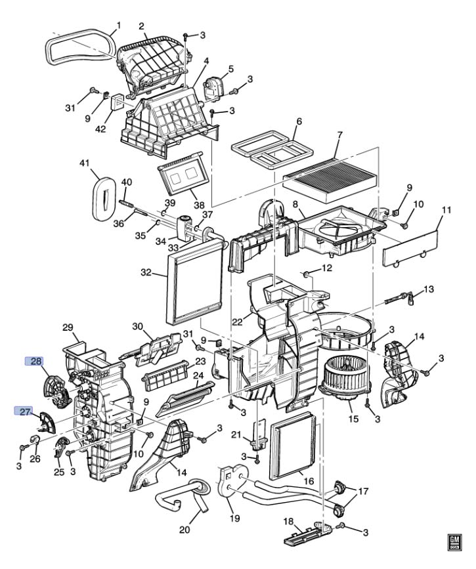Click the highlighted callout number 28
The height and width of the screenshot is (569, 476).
(x=33, y=361)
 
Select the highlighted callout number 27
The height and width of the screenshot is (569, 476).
(x=23, y=411)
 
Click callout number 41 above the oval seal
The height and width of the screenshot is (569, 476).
(x=84, y=163)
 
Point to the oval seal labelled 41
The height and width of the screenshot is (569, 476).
(x=104, y=198)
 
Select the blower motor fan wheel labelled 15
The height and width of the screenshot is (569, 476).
(x=344, y=379)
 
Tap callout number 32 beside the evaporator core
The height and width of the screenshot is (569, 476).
(x=146, y=272)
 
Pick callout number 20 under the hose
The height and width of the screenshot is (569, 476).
(x=184, y=530)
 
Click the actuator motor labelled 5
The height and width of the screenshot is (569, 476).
(x=216, y=86)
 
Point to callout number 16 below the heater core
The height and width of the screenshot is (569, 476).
(x=309, y=482)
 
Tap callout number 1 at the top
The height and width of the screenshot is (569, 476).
(x=118, y=26)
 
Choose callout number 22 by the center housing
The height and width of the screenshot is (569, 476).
(x=237, y=322)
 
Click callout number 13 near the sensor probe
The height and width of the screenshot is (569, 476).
(x=429, y=289)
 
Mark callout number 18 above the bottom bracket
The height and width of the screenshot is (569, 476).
(x=288, y=521)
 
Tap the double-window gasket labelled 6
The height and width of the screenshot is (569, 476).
(x=272, y=150)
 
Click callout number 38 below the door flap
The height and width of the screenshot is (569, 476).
(x=199, y=205)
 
